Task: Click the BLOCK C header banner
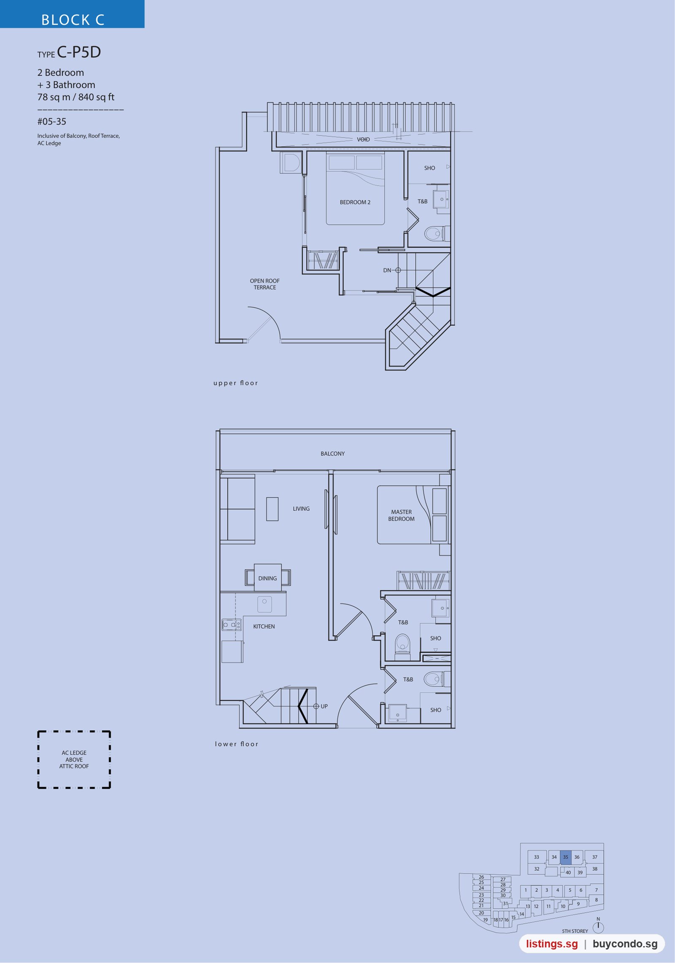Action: click(72, 14)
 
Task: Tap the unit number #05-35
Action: click(52, 122)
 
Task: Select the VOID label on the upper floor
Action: click(363, 139)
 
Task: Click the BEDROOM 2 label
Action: click(355, 202)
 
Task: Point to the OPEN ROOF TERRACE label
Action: click(265, 284)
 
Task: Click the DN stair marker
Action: click(392, 270)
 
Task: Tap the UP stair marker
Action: click(321, 706)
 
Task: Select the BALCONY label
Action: click(332, 454)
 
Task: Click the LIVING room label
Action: click(301, 509)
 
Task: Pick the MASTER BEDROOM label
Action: click(401, 515)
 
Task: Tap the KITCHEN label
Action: click(264, 627)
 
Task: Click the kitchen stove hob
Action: click(232, 625)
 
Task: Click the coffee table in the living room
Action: click(272, 509)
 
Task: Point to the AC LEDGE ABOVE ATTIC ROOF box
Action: click(74, 759)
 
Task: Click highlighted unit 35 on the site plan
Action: click(565, 857)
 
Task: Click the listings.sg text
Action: click(552, 944)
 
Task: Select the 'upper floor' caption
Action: click(235, 383)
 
